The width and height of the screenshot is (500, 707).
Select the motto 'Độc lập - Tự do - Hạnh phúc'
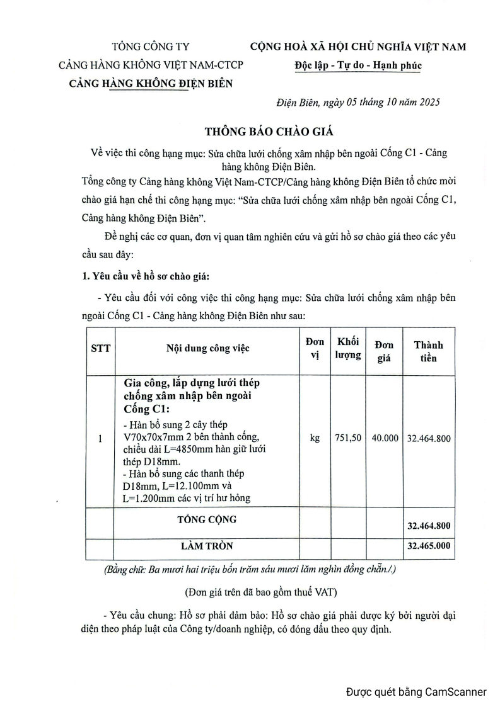358,65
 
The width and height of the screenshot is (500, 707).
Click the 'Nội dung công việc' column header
208,349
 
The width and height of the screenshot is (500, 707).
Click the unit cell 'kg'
315,438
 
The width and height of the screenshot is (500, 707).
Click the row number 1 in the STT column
101,438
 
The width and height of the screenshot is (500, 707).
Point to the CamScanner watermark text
416,692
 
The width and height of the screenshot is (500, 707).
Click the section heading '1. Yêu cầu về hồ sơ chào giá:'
148,276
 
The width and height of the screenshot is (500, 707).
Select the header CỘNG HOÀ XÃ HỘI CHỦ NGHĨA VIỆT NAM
358,47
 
